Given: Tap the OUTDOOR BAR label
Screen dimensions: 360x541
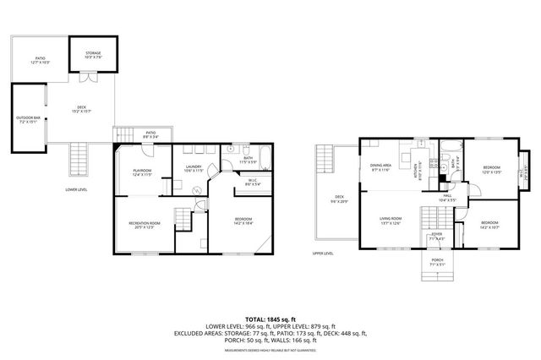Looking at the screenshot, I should pyautogui.click(x=26, y=119).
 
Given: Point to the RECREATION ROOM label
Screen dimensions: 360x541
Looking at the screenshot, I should pyautogui.click(x=145, y=225).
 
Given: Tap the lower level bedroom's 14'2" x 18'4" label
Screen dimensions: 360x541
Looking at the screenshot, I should pyautogui.click(x=243, y=223).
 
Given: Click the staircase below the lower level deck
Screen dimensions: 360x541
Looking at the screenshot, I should pyautogui.click(x=79, y=158).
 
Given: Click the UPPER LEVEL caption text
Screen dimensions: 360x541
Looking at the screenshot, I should pyautogui.click(x=324, y=254).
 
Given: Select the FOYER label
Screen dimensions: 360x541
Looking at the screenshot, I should pyautogui.click(x=436, y=236).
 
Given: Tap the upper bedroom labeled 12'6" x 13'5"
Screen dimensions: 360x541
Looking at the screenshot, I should pyautogui.click(x=491, y=169).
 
